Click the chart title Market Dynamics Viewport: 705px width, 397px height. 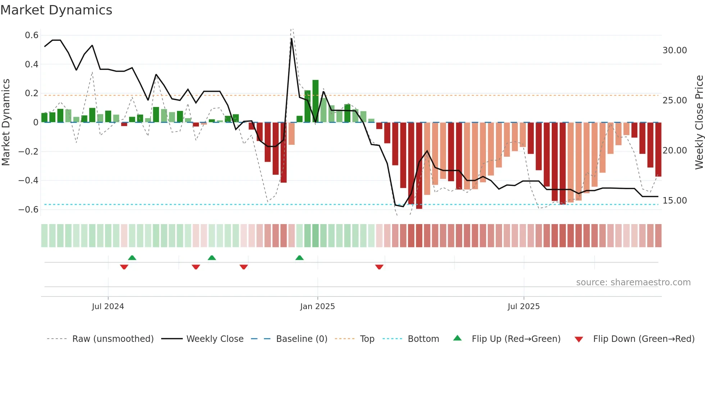[56, 10]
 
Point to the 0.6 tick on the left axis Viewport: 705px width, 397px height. [32, 35]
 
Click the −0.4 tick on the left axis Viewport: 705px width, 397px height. [28, 180]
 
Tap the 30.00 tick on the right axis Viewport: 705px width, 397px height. [674, 50]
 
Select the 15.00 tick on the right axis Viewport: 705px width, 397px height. [674, 201]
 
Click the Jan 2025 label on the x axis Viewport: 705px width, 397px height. [317, 307]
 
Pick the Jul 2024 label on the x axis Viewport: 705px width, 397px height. [108, 307]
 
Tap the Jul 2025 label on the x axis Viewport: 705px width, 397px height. [523, 307]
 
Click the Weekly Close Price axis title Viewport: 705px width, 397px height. [699, 122]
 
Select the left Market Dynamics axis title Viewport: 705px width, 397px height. [6, 122]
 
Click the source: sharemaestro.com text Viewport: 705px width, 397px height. [633, 282]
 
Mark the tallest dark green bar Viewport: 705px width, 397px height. [315, 101]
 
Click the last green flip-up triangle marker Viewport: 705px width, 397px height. [299, 258]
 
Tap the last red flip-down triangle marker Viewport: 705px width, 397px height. [379, 267]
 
